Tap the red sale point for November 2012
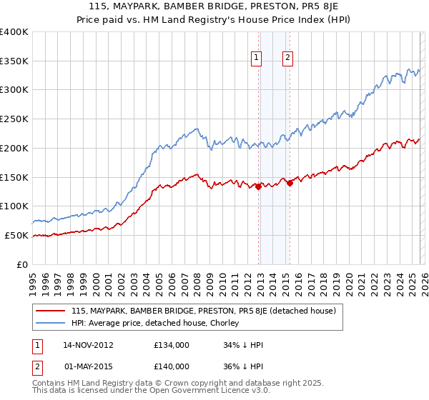pos(258,186)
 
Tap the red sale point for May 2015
pos(290,183)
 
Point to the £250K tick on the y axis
pos(15,119)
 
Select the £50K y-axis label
pos(17,235)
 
